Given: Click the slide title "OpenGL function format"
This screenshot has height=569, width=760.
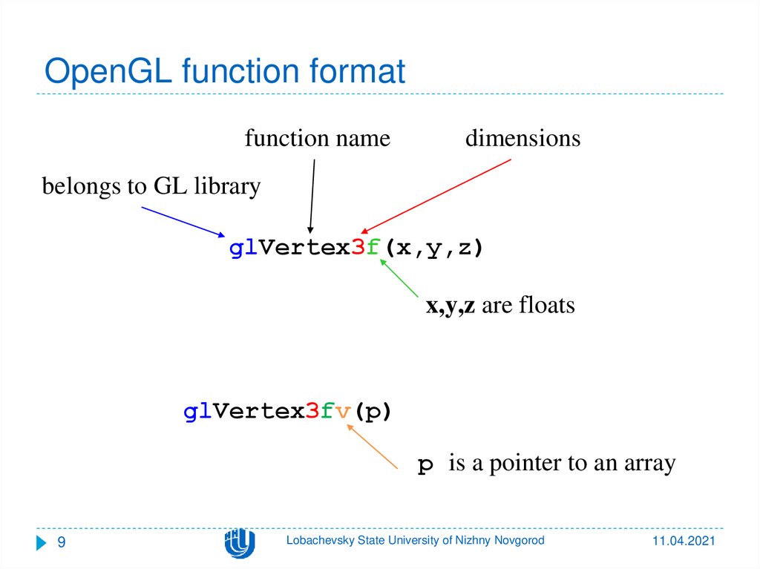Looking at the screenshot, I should (224, 72).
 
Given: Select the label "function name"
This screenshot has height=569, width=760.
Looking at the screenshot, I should (317, 138).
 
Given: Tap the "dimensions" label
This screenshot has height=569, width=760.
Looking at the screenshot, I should (522, 138).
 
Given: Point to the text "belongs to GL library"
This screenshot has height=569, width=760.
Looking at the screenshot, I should (151, 186).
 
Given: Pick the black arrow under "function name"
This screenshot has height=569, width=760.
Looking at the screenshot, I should (312, 197).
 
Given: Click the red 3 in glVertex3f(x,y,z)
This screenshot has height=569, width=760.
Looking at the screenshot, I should (356, 249).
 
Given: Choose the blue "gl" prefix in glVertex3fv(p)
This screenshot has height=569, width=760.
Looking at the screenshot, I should (193, 412).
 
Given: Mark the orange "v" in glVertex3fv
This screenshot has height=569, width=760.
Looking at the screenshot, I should (342, 412).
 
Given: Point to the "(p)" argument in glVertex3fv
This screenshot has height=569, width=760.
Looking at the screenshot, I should (370, 412).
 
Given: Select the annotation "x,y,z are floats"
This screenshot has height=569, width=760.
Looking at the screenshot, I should (499, 305).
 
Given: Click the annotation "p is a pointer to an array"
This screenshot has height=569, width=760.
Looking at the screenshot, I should (546, 464).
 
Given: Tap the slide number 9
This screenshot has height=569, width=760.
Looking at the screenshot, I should (62, 543).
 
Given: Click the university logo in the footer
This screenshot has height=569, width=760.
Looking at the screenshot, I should (240, 544).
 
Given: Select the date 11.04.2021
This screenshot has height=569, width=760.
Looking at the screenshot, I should (684, 543).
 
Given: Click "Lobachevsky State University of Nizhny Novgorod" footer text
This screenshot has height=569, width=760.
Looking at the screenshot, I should (415, 541).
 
